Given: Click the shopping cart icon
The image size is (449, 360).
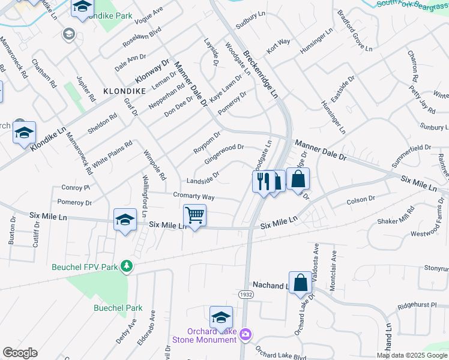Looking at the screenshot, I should pos(194,215).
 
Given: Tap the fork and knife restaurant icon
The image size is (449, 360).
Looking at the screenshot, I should pos(263,181).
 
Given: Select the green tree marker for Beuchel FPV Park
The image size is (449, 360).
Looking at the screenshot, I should pos(126,265).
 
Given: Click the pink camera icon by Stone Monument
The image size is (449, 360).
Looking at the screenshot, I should pos(245,334).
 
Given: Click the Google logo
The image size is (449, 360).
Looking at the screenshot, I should pos(20,353).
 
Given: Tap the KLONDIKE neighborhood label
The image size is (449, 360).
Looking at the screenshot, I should pos(125,91).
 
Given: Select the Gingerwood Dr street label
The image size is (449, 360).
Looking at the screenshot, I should pos(224,154).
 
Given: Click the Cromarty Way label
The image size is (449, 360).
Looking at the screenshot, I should pos(193,196).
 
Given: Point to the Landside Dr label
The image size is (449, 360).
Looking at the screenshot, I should pos(202,178).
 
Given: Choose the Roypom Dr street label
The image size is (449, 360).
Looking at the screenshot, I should pos(207,142).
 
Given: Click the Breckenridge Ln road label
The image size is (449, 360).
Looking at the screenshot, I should pos(261,74).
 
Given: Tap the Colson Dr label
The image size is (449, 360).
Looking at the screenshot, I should pos(360,199).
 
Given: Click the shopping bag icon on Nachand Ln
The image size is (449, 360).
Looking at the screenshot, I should pos(300,281).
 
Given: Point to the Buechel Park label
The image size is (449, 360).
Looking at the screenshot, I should pos(118,308).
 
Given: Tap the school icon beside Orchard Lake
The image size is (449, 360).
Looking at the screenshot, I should pos(221,317).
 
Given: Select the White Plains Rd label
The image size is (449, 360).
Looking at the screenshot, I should pos(112,153).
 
